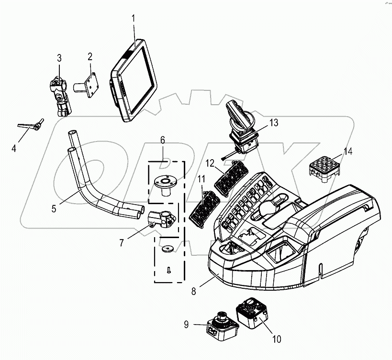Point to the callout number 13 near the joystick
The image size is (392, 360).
(273, 123)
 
